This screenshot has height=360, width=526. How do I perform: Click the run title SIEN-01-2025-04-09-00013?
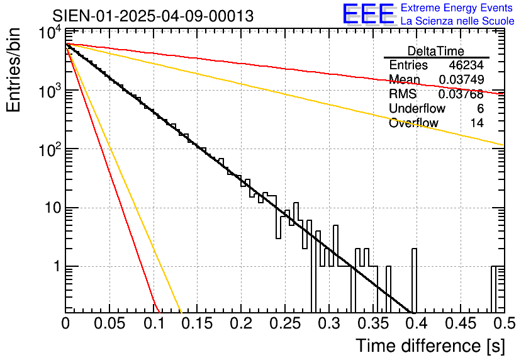[x=153, y=16]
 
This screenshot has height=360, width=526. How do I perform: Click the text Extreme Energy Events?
[x=457, y=8]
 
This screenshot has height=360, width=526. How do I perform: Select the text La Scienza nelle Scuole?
[x=457, y=21]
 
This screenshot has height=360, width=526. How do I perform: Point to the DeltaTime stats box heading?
[x=436, y=51]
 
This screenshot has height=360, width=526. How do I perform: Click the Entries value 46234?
[x=466, y=65]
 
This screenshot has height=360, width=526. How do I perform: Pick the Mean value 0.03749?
[x=461, y=80]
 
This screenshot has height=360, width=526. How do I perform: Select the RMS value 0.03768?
[x=461, y=94]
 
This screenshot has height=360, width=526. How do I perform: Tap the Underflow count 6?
[x=481, y=109]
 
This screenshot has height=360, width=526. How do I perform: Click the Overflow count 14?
[x=477, y=123]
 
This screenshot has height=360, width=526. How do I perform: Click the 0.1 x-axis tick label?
[x=154, y=324]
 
